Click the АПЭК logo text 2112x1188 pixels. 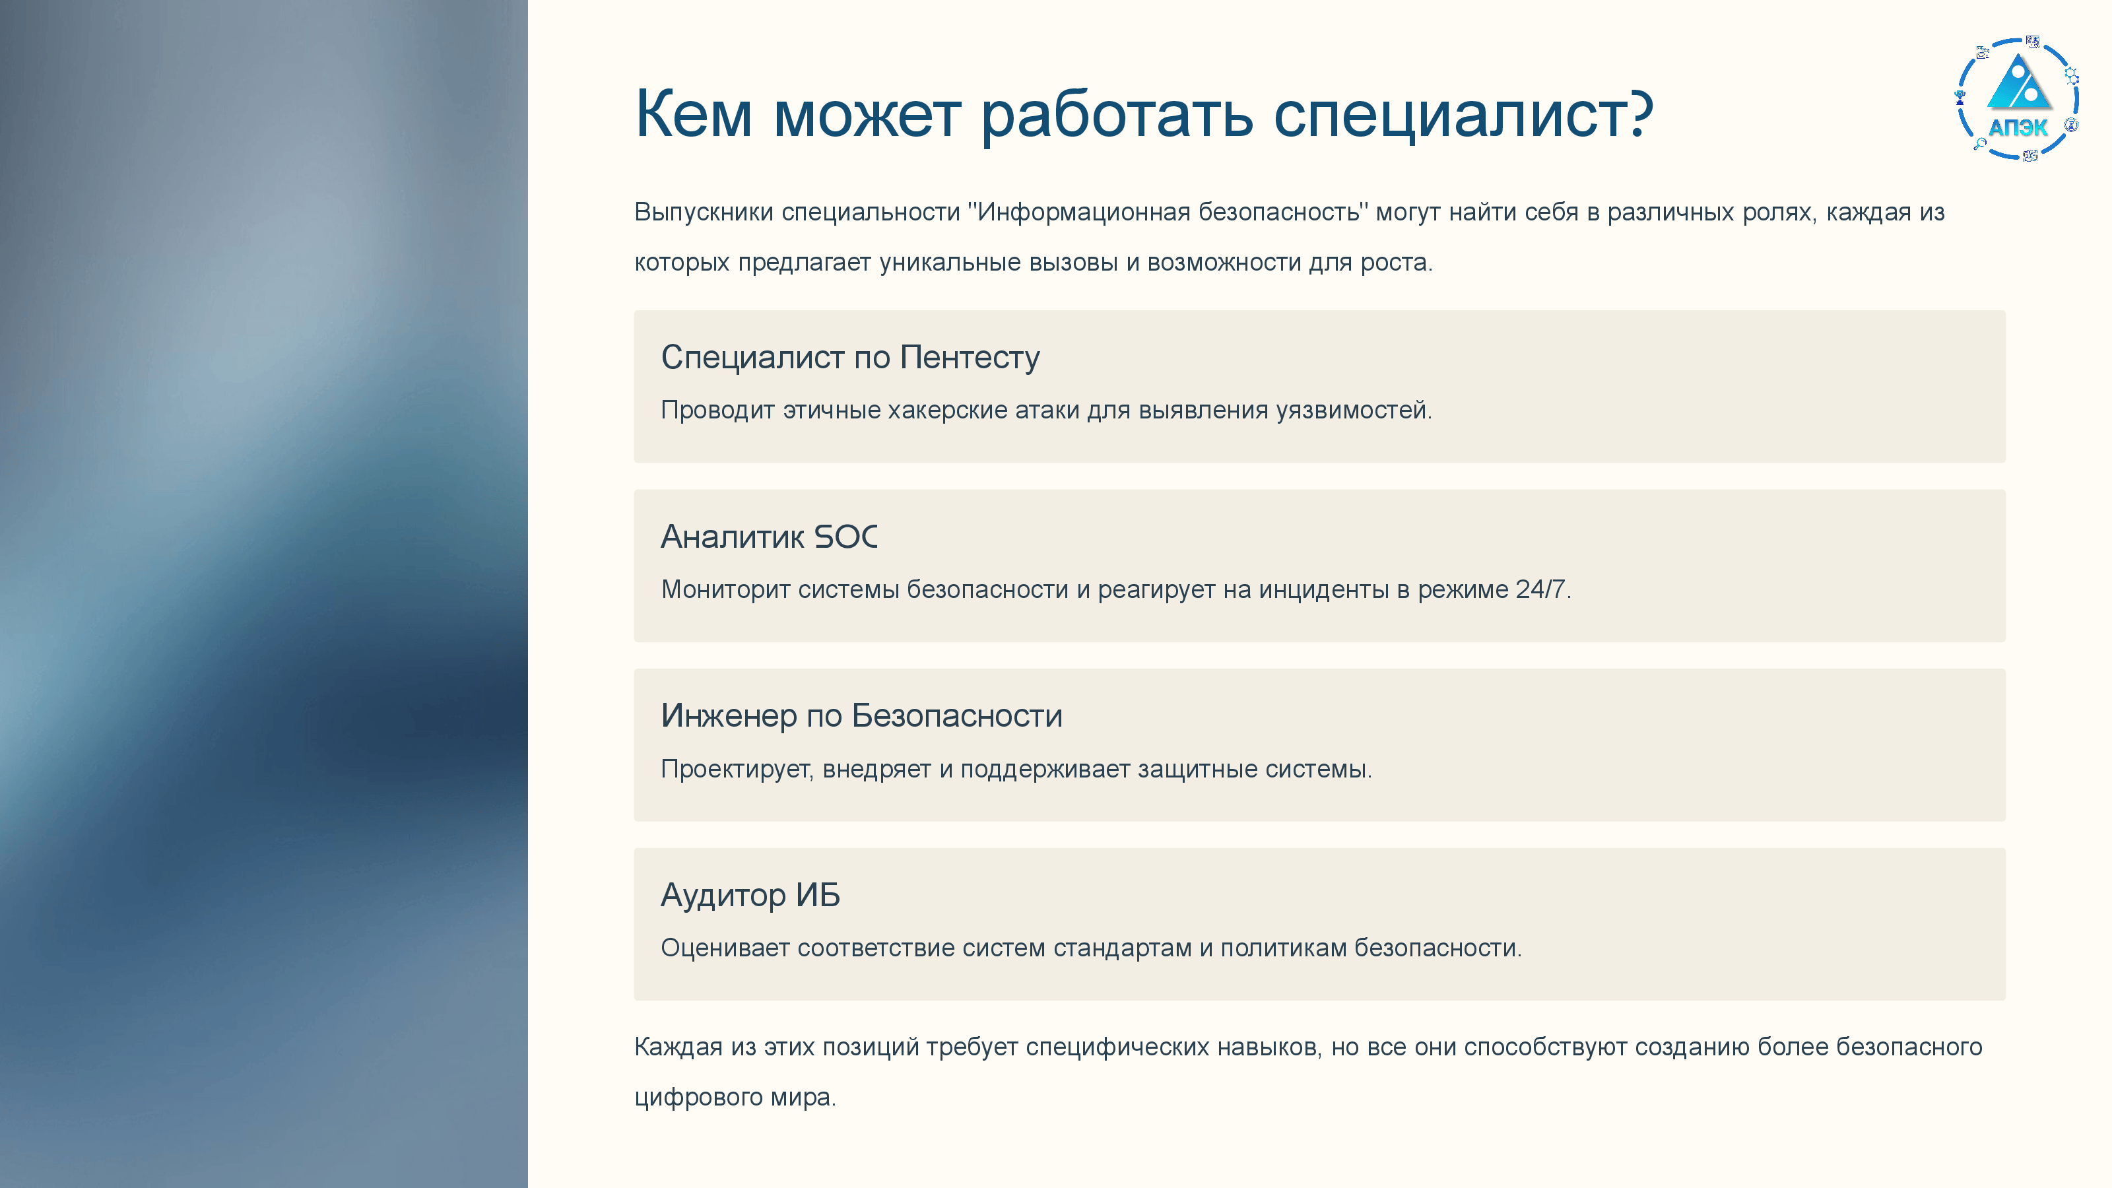tap(2018, 127)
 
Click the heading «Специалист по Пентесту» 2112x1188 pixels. tap(850, 358)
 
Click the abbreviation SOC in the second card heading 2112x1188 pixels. tap(845, 537)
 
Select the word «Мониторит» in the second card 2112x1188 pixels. tap(725, 589)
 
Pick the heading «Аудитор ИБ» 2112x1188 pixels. tap(750, 896)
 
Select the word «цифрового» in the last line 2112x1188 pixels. tap(698, 1097)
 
